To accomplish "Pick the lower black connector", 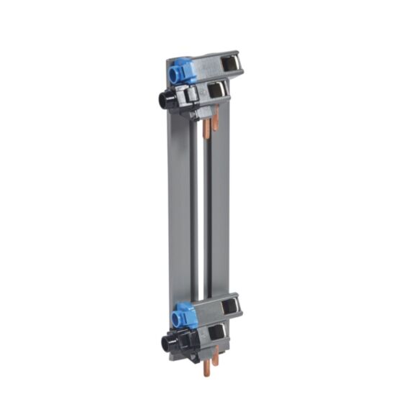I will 167,341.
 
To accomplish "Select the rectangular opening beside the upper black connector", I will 214,89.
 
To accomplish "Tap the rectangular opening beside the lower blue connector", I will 230,306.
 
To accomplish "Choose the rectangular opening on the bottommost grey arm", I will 215,332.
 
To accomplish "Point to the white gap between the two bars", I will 201,216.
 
